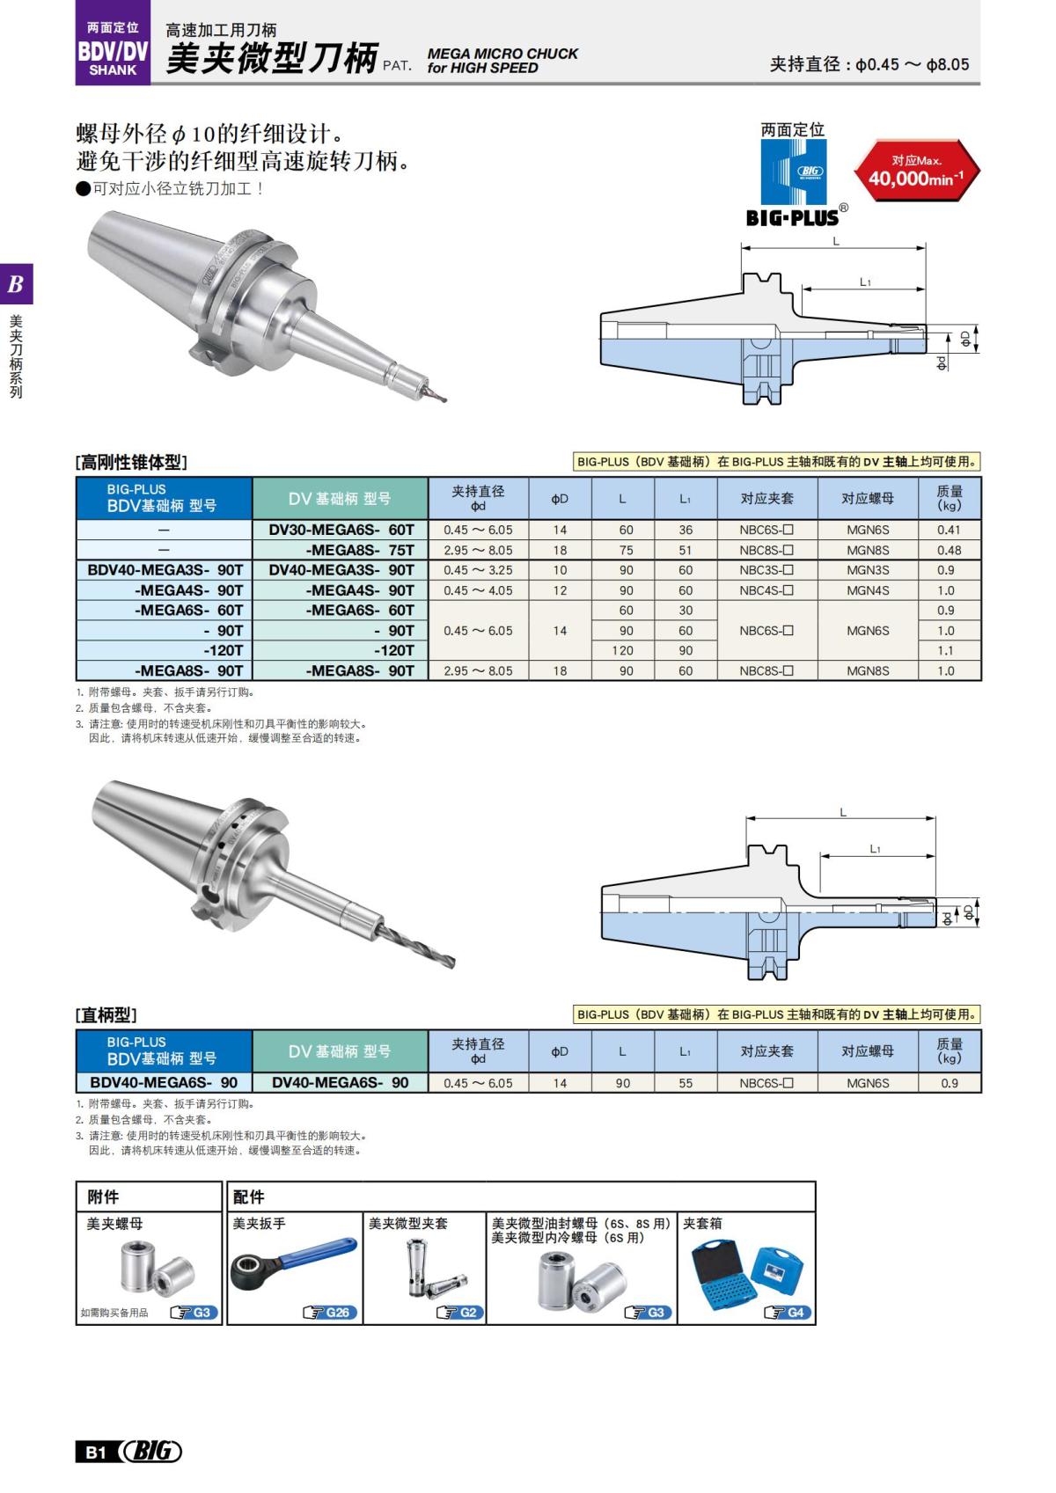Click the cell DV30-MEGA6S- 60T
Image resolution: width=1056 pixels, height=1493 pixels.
pos(341,530)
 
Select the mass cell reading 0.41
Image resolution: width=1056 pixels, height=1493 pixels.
pos(949,530)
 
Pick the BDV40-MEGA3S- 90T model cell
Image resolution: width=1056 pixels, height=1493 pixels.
pos(165,570)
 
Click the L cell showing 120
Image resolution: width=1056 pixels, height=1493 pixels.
pos(623,650)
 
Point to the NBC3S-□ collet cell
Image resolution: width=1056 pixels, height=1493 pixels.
pos(766,570)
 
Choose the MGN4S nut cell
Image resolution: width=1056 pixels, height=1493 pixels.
pos(868,590)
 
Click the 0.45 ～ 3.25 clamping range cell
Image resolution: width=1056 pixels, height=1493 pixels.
pos(478,570)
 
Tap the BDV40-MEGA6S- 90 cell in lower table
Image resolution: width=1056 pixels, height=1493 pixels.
pos(165,1083)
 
